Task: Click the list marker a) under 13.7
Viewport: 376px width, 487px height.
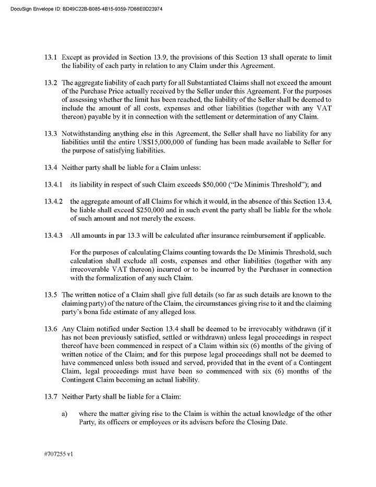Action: click(x=65, y=414)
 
